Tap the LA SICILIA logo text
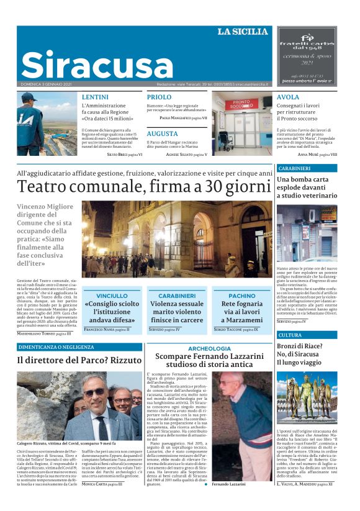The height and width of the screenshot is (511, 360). click(x=242, y=32)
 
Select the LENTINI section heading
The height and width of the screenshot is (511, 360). click(x=95, y=97)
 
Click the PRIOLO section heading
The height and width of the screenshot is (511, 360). click(x=159, y=97)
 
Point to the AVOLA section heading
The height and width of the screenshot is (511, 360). click(x=288, y=97)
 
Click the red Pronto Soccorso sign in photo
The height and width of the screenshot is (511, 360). click(x=241, y=104)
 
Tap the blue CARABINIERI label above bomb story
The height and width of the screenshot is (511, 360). click(x=294, y=168)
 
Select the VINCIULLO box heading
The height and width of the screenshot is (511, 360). click(x=112, y=296)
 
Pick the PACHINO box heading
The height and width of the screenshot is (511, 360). click(x=241, y=296)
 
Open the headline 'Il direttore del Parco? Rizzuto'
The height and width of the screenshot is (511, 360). click(x=79, y=360)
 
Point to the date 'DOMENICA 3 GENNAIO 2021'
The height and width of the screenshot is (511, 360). click(x=45, y=84)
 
